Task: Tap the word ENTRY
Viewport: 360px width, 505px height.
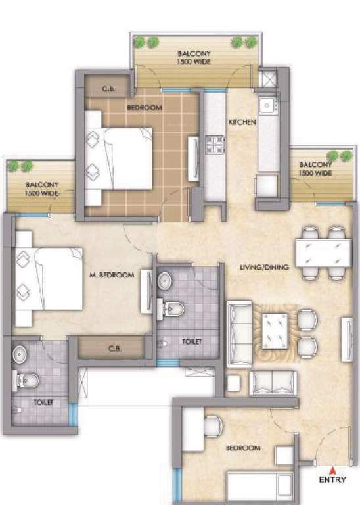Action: pos(332,480)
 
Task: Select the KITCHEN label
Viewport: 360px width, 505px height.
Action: pos(242,122)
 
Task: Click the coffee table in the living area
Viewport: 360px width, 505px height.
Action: pos(276,331)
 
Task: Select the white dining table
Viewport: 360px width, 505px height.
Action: pos(321,252)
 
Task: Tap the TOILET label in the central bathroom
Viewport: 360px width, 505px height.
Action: pos(191,341)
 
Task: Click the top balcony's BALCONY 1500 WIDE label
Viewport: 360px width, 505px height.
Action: pos(194,57)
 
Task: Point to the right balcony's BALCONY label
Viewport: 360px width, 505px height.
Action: pos(314,168)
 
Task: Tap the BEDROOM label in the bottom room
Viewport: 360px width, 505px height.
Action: pos(242,448)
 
